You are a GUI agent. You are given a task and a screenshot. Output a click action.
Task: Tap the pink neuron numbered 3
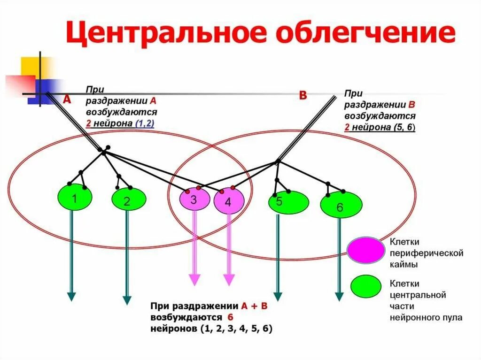[x=194, y=199]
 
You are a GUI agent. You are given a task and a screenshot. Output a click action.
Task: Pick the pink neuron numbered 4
[x=229, y=202]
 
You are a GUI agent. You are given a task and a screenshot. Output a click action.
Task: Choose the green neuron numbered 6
[x=341, y=205]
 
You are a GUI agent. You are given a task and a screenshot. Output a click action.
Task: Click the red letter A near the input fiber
[x=67, y=100]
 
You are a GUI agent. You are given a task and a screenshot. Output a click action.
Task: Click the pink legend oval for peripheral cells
[x=366, y=250]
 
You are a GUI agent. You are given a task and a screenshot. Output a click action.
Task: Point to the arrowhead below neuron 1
[x=71, y=296]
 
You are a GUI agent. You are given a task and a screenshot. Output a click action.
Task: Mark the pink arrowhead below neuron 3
[x=194, y=280]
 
